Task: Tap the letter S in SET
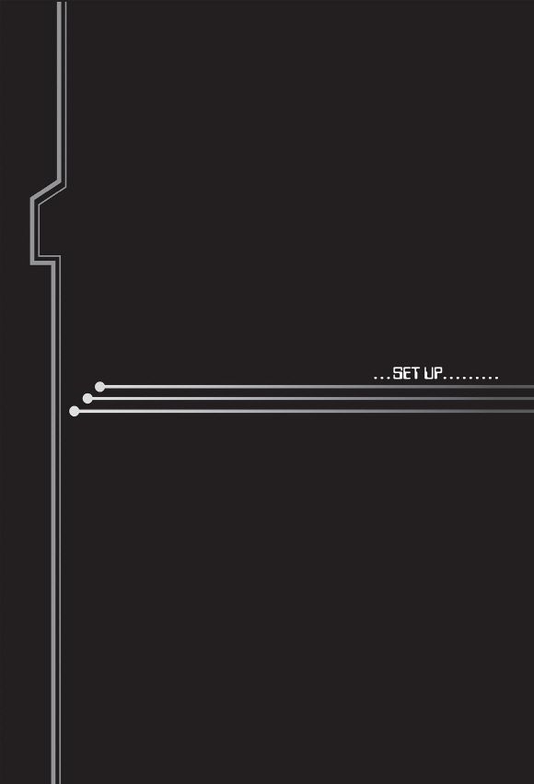coord(398,373)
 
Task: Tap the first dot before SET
coord(376,378)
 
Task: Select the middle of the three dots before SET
coord(382,378)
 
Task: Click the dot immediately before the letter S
coord(389,378)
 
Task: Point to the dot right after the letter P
coord(445,378)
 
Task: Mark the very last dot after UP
coord(496,378)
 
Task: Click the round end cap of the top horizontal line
coord(100,387)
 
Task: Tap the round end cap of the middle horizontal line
coord(87,399)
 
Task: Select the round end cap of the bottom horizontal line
coord(75,411)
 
